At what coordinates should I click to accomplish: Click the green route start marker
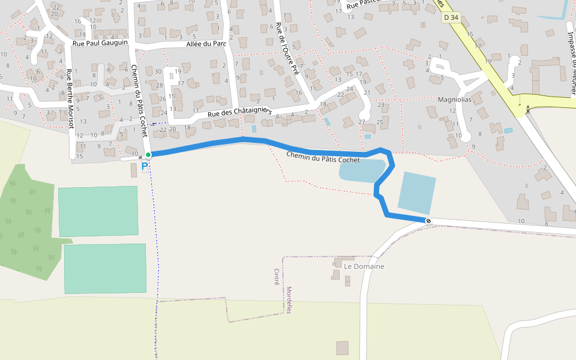(148, 155)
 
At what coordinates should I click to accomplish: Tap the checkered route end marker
(428, 221)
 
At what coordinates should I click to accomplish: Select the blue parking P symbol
(145, 166)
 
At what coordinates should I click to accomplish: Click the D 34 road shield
(451, 18)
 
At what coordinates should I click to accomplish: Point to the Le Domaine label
(364, 266)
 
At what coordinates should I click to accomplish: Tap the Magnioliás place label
(455, 100)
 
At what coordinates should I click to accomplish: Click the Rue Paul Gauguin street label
(100, 43)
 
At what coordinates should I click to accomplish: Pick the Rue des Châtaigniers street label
(240, 112)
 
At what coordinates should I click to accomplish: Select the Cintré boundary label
(277, 277)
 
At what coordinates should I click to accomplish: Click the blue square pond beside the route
(416, 193)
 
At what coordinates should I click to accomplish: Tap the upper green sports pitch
(98, 211)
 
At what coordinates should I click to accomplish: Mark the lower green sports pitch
(105, 268)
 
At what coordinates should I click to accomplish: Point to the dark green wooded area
(27, 222)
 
